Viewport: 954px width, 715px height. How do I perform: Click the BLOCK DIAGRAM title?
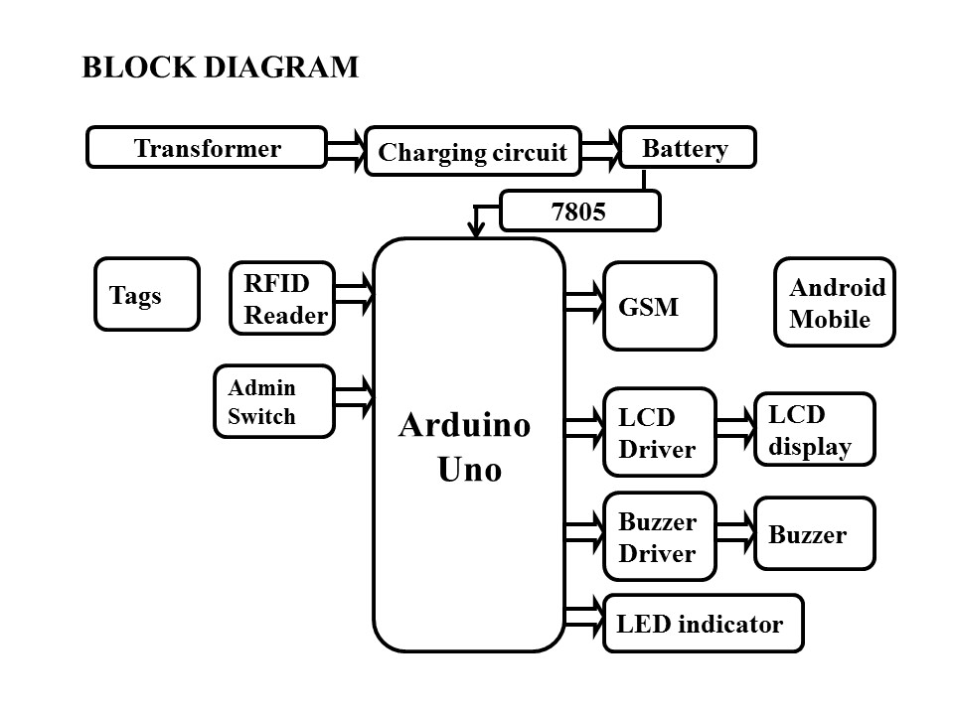pos(220,68)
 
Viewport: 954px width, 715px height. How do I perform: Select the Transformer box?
pos(207,148)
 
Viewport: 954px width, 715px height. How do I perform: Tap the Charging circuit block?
pos(472,152)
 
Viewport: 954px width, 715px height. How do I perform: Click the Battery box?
pos(687,148)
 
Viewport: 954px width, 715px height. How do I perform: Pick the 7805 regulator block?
pos(579,211)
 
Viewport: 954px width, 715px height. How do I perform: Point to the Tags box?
pos(147,294)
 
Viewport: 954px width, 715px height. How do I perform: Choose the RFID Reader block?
pos(282,299)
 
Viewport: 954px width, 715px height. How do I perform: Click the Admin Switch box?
pos(274,401)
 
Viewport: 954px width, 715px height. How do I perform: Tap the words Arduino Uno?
pos(466,447)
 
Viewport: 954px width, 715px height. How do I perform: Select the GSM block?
pos(659,306)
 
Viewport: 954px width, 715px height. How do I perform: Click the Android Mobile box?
pos(835,303)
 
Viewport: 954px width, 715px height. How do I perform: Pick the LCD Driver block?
pos(659,432)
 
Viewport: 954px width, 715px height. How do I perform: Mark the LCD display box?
pos(815,429)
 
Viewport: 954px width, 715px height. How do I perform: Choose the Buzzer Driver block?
pos(659,536)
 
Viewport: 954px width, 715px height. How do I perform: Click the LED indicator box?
pos(703,624)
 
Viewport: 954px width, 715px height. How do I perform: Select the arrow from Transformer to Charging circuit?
pos(346,148)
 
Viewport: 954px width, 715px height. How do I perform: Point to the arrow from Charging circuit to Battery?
pos(600,149)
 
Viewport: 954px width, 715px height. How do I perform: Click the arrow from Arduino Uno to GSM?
pos(584,302)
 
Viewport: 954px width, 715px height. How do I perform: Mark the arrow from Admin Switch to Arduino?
pos(354,395)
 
